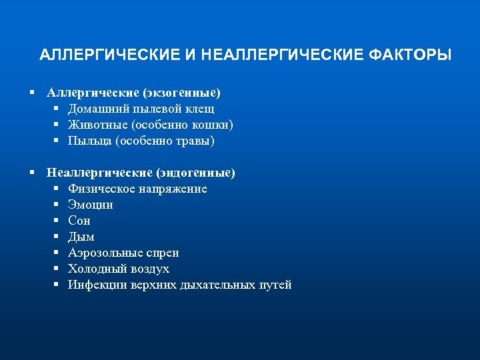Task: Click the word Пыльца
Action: pyautogui.click(x=89, y=141)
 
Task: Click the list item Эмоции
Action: pyautogui.click(x=90, y=205)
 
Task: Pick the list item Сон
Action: pyautogui.click(x=79, y=221)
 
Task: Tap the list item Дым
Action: pyautogui.click(x=81, y=237)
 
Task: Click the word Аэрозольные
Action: pyautogui.click(x=106, y=253)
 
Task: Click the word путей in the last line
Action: pyautogui.click(x=275, y=285)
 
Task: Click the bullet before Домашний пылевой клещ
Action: pyautogui.click(x=58, y=109)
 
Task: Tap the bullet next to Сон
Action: pyautogui.click(x=58, y=221)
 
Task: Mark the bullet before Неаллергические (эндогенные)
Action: pyautogui.click(x=32, y=173)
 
